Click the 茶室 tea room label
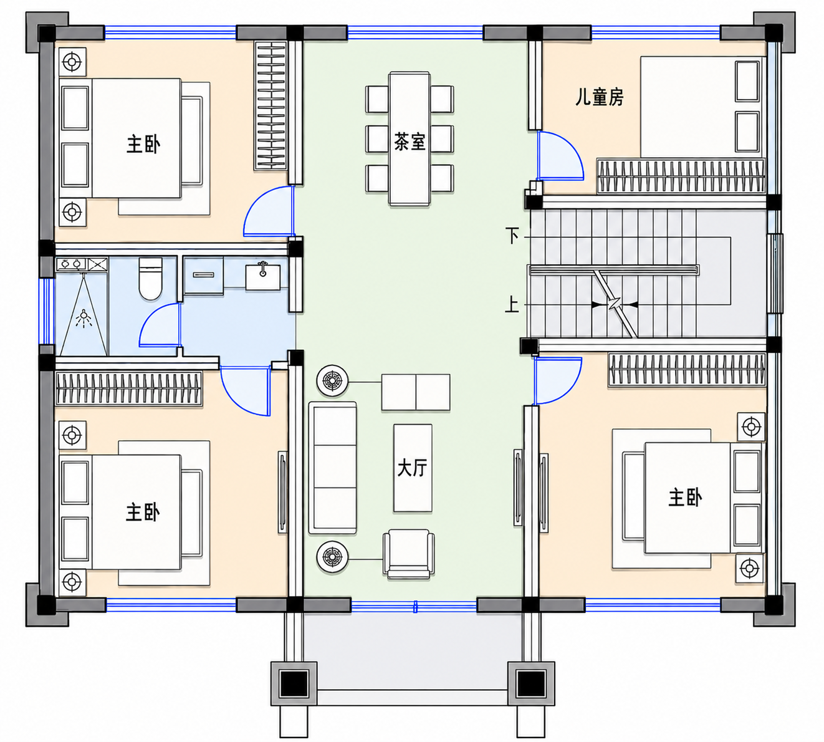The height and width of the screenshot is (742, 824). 410,142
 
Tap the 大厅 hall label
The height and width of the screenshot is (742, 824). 413,468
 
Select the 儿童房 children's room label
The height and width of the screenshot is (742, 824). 600,97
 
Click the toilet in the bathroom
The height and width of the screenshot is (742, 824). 150,279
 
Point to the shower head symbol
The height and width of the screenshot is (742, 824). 84,319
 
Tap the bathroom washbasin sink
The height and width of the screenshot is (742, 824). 263,277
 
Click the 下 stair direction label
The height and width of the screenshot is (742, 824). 512,236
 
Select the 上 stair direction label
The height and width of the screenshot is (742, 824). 512,305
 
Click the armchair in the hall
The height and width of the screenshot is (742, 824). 409,554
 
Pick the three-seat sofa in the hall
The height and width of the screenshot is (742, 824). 333,468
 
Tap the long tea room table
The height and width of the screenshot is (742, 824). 410,138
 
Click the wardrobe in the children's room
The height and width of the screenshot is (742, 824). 681,176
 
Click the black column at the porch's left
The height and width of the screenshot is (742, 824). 294,683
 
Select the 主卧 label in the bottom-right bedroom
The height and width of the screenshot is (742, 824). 685,498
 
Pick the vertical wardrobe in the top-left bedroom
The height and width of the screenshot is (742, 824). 271,105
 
